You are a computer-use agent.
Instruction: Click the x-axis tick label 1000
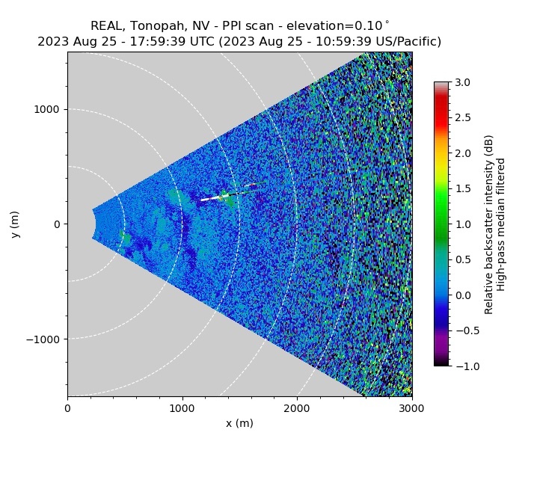[182, 408]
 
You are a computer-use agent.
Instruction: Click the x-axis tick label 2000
[297, 408]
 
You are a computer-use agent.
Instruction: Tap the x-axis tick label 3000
[411, 408]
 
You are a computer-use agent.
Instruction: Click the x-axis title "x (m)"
[239, 423]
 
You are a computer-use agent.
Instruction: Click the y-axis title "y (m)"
[15, 224]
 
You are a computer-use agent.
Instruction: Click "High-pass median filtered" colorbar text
[502, 224]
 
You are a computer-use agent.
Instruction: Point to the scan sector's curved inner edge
[95, 224]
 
